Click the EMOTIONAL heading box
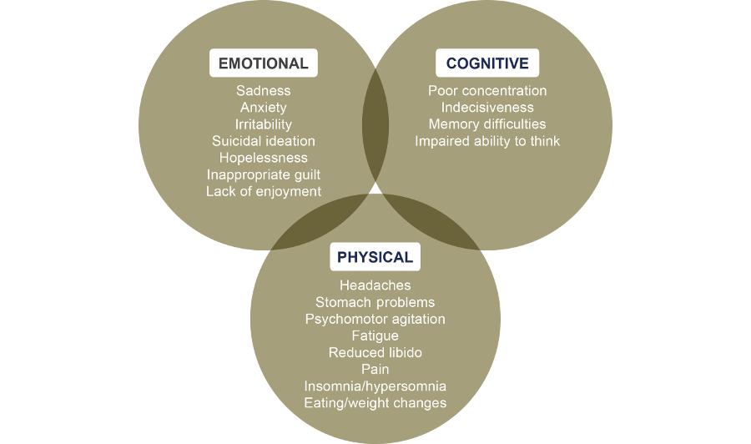click(x=264, y=63)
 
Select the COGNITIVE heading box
click(x=487, y=63)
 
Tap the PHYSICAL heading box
click(x=375, y=257)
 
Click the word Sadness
click(x=264, y=90)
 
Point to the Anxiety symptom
click(x=264, y=108)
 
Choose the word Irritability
click(x=264, y=124)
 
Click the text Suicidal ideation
click(x=264, y=141)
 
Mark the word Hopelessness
click(x=264, y=158)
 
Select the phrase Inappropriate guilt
click(x=264, y=174)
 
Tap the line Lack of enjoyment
click(x=264, y=192)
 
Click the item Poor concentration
click(x=487, y=90)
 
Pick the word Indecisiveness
click(x=487, y=108)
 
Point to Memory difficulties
click(x=487, y=124)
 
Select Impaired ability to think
click(x=487, y=141)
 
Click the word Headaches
click(x=375, y=285)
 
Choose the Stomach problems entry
click(x=375, y=303)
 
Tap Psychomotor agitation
click(x=375, y=320)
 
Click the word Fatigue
click(x=375, y=336)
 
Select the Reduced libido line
click(x=375, y=352)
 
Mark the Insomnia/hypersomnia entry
click(x=375, y=386)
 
